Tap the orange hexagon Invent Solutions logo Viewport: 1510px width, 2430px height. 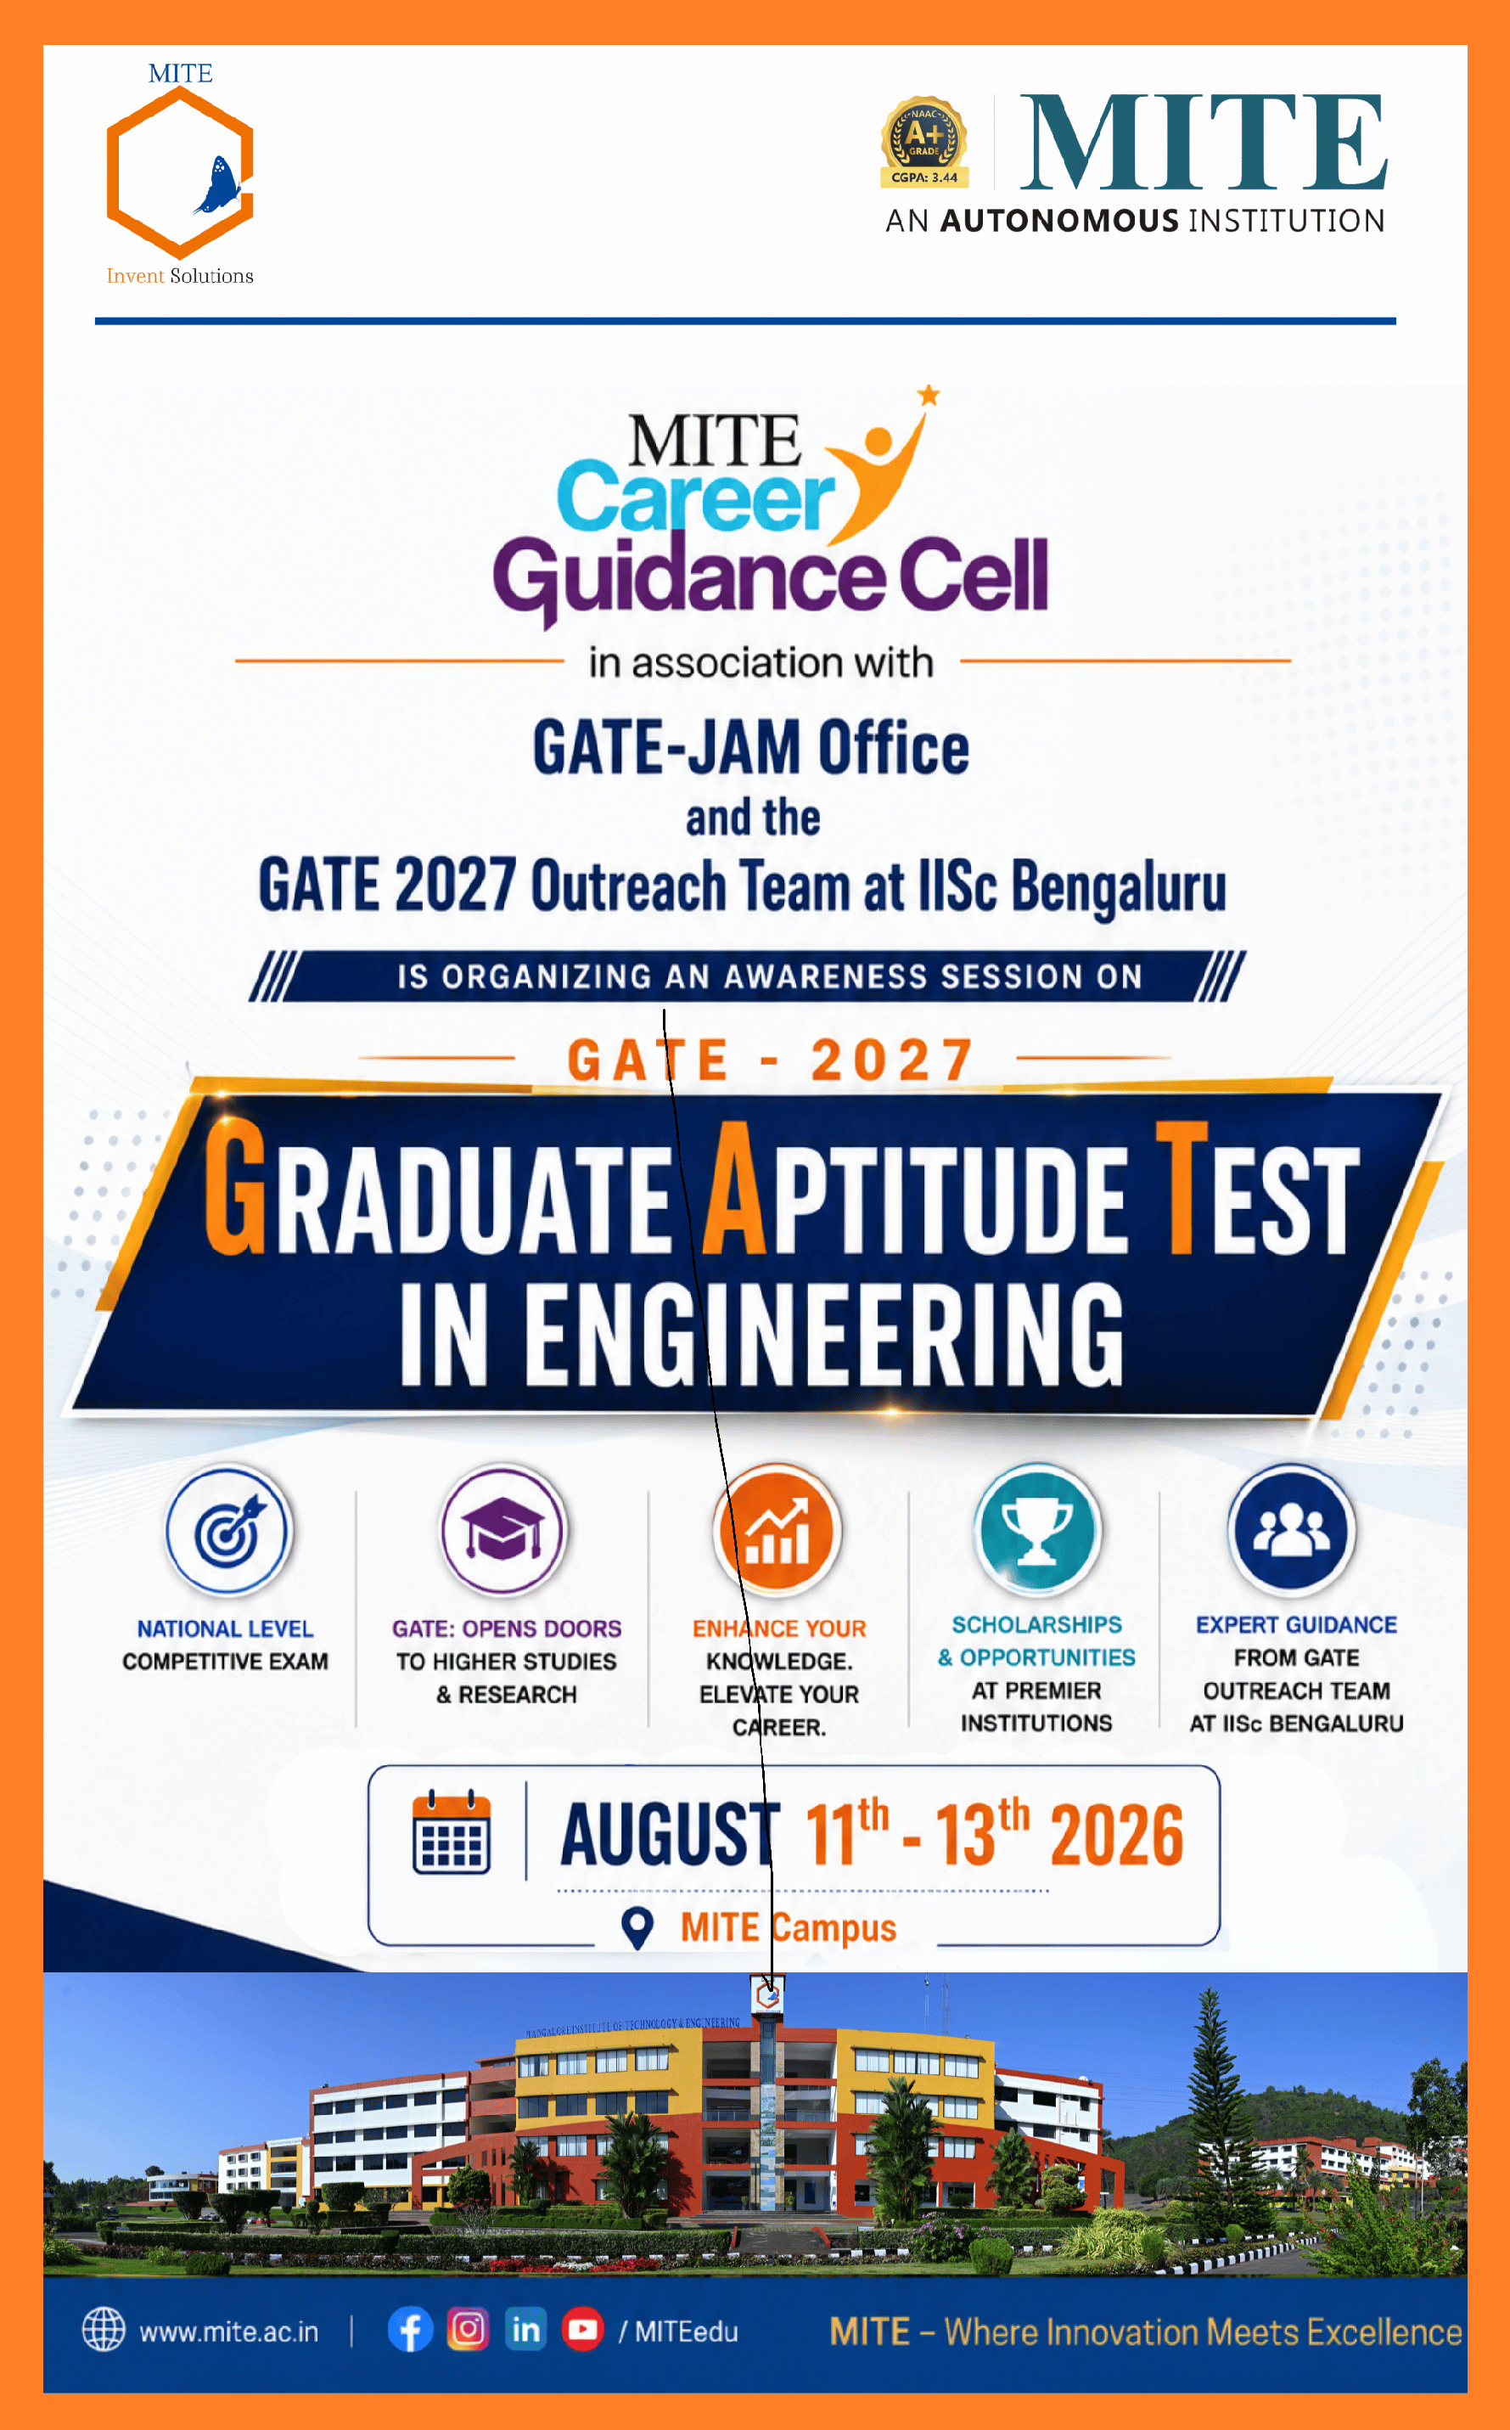[x=180, y=172]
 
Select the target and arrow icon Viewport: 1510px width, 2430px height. [x=228, y=1530]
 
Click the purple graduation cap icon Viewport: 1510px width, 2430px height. [x=503, y=1530]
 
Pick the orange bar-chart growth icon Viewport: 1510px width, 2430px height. [x=777, y=1530]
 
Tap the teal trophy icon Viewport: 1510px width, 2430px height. [x=1037, y=1530]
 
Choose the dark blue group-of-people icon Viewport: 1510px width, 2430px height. [x=1291, y=1530]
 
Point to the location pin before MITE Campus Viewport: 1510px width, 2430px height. [x=637, y=1927]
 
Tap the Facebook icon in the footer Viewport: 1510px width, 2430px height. [x=411, y=2330]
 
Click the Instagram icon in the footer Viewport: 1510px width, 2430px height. [x=468, y=2329]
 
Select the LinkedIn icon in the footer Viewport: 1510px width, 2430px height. [x=525, y=2329]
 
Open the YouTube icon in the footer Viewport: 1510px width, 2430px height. [x=582, y=2329]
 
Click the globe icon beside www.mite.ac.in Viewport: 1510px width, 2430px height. [x=103, y=2329]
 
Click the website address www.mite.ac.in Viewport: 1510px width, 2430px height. [x=228, y=2332]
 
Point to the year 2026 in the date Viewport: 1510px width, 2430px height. [x=1116, y=1835]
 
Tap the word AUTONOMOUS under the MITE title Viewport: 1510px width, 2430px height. [x=1059, y=220]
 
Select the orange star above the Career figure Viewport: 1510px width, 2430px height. [x=929, y=395]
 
